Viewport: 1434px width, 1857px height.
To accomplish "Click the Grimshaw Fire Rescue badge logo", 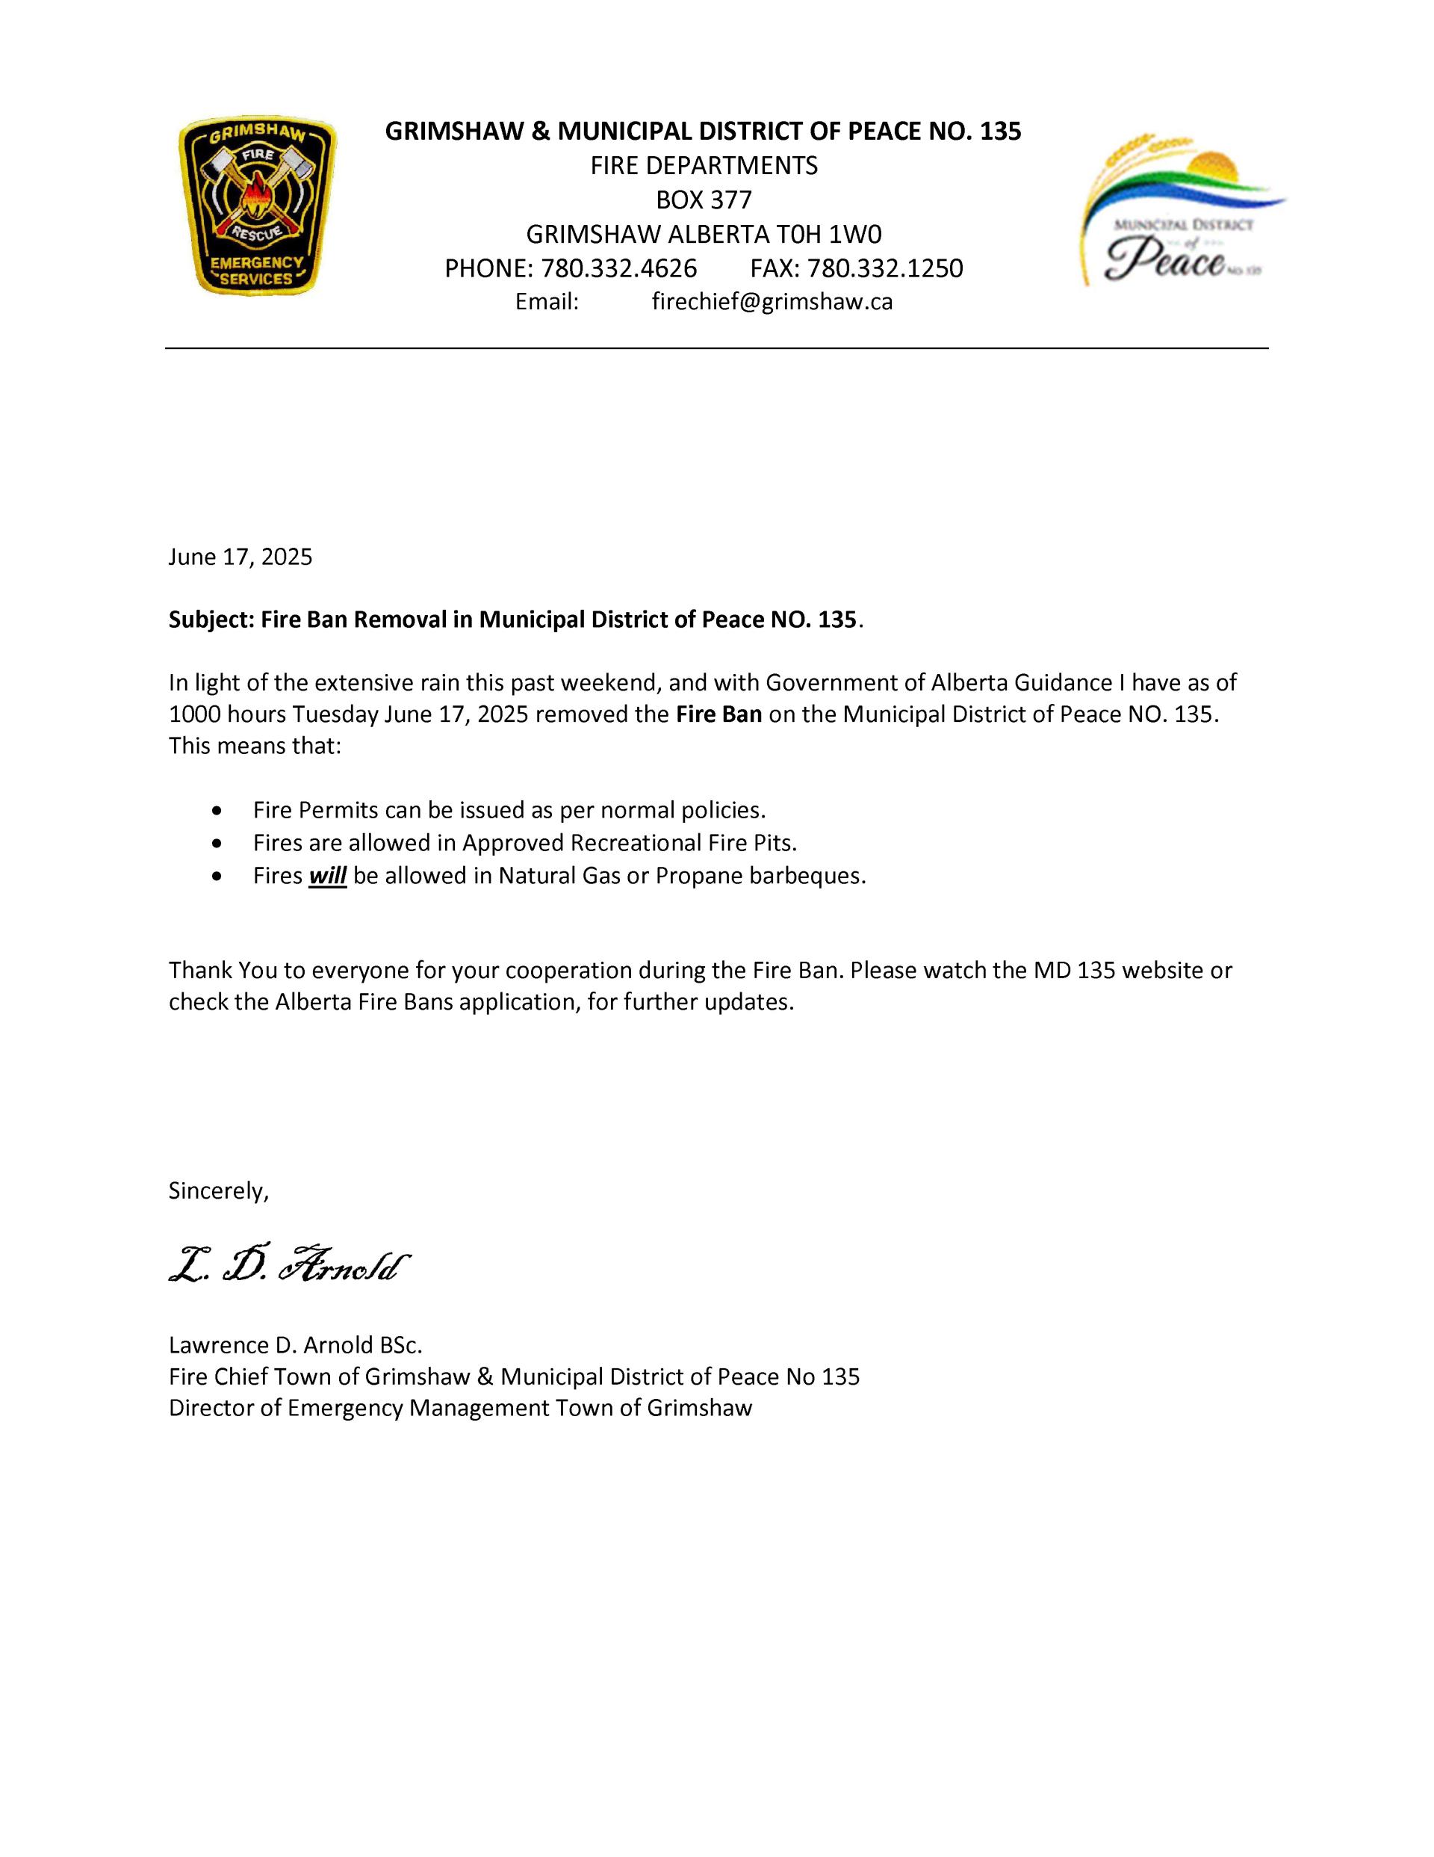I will pyautogui.click(x=257, y=206).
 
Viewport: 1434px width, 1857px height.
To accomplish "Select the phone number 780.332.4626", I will pyautogui.click(x=619, y=269).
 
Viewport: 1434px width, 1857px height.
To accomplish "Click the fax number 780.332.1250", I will pyautogui.click(x=885, y=269).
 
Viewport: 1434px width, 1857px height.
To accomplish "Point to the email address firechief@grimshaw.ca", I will pyautogui.click(x=772, y=302).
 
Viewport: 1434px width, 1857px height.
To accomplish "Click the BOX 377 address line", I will pyautogui.click(x=704, y=200).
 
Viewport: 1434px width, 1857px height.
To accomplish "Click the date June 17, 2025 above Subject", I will pyautogui.click(x=240, y=557).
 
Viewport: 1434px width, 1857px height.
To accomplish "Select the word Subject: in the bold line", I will pyautogui.click(x=211, y=619).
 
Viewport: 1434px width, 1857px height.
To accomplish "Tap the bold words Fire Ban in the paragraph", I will pyautogui.click(x=718, y=714).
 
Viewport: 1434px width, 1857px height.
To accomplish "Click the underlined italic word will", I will pyautogui.click(x=327, y=876).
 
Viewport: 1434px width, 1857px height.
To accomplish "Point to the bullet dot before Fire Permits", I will pyautogui.click(x=220, y=810).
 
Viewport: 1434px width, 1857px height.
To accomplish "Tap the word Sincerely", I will pyautogui.click(x=218, y=1191).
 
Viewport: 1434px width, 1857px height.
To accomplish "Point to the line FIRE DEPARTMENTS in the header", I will pyautogui.click(x=704, y=166).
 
